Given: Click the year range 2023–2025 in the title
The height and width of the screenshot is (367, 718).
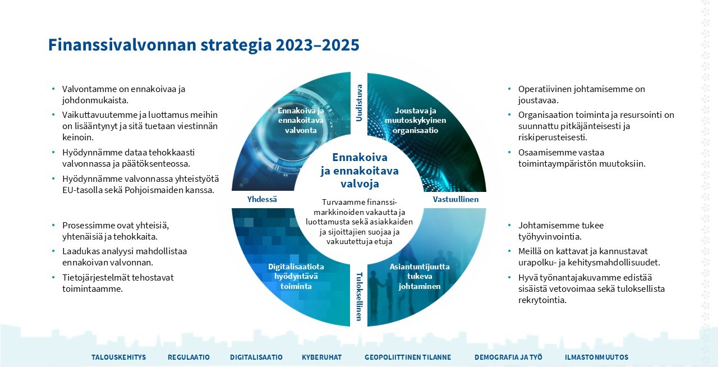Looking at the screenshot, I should pos(317,45).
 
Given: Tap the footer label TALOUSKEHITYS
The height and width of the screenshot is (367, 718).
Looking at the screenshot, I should pos(119,357).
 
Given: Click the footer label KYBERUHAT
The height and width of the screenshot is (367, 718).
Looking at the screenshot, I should pos(321,357).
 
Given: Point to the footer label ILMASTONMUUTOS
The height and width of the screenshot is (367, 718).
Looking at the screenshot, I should pos(596,357).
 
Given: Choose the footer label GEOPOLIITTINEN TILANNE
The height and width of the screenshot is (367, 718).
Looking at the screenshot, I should pos(408,357).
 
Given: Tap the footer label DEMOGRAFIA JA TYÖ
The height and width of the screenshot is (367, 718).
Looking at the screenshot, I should pos(508,357).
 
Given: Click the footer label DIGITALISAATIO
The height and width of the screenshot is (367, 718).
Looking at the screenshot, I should pos(256,357).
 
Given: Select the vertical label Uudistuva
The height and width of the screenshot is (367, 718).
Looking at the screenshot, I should pos(359,103).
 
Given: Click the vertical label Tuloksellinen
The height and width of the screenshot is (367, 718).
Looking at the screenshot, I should pos(359,297).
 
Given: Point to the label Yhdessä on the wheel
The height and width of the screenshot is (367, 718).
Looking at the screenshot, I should pos(263,199).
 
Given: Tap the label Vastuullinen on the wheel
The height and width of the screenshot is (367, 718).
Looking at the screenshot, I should pos(455,199).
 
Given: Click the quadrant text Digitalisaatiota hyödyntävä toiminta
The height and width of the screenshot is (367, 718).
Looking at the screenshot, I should pos(296,276).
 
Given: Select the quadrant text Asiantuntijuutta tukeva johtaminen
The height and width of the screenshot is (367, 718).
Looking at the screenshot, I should pos(420,276).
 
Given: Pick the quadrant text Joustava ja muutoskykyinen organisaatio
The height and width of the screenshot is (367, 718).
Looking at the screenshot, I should pos(416,120).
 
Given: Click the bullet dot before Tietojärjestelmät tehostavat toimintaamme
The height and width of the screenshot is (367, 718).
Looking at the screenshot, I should pos(53,277).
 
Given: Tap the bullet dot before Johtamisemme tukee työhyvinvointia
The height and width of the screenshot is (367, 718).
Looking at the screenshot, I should pos(509,226).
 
